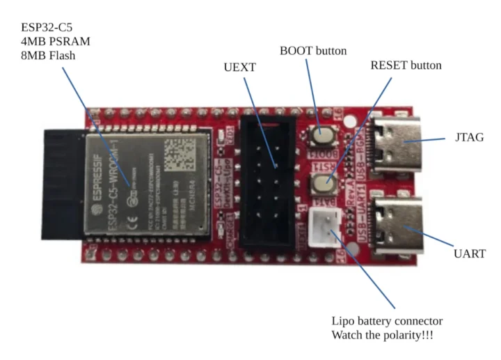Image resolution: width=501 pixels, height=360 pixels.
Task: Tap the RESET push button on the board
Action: pos(322,182)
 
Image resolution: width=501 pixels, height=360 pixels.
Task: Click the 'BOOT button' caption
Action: pos(312,51)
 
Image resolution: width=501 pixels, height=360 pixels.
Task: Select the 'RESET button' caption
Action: pos(406,65)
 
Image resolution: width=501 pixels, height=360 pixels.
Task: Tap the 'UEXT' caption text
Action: pos(239,68)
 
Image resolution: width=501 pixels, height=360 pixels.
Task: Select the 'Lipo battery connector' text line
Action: pos(386,321)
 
